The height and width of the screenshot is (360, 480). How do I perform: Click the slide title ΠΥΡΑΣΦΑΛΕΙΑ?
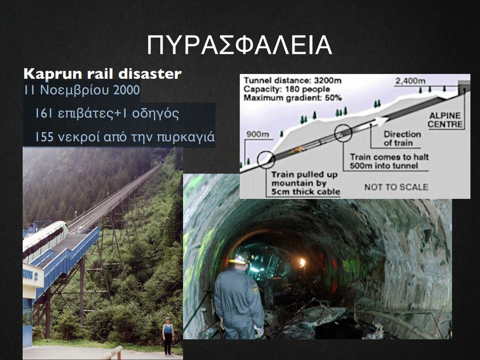click(240, 45)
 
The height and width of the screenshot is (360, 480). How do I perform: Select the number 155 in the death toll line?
click(44, 137)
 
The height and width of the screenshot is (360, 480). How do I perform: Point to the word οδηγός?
click(155, 113)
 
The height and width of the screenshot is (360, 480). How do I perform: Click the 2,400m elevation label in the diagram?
click(410, 81)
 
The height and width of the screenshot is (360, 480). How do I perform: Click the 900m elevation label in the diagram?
click(258, 134)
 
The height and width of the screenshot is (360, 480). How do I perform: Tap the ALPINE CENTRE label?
click(445, 120)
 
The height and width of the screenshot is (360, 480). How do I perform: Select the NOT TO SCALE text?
click(396, 187)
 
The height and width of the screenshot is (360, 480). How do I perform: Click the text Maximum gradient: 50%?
click(292, 98)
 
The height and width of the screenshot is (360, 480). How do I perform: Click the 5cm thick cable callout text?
click(305, 183)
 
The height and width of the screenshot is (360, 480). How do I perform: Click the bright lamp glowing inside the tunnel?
click(301, 262)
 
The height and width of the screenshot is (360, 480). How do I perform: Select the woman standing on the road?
click(168, 336)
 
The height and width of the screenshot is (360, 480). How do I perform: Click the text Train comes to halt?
click(389, 157)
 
